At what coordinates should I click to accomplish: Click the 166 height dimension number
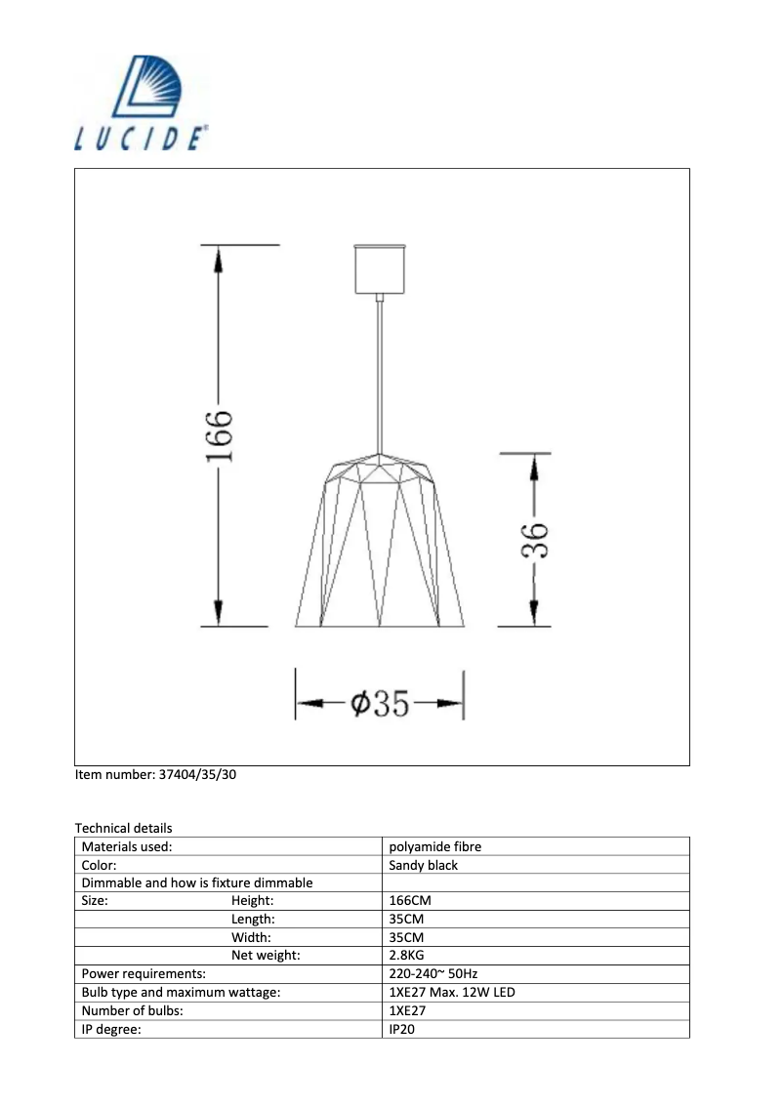point(219,436)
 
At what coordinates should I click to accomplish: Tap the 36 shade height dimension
point(533,540)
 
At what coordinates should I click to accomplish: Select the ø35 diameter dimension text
point(379,703)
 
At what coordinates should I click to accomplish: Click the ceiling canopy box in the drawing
point(377,269)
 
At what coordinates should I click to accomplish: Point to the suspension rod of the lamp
point(377,371)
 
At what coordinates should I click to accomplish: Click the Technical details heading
point(123,828)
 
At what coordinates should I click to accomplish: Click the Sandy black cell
point(423,865)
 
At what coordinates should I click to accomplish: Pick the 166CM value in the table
point(409,901)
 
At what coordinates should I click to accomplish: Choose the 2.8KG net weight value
point(406,956)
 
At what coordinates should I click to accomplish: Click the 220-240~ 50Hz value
point(433,974)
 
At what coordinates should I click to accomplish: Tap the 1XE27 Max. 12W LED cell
point(451,993)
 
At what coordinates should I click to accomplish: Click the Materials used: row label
point(127,847)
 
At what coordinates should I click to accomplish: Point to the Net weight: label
point(265,956)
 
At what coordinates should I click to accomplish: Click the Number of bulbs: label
point(132,1011)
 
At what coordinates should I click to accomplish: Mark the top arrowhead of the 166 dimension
point(219,259)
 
